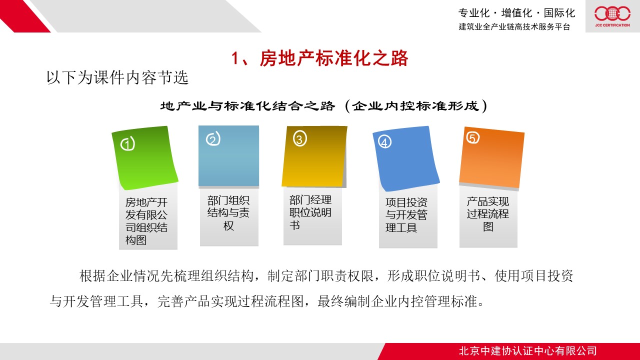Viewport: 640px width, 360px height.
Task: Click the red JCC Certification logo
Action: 612,16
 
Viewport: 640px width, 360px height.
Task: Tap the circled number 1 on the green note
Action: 127,143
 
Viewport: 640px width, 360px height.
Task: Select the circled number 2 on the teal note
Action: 213,138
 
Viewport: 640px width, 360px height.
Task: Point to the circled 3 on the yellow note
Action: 299,138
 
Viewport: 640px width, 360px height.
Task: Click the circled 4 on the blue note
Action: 384,141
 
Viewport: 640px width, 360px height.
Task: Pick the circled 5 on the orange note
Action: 473,137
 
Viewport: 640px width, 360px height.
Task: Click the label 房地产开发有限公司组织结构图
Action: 146,221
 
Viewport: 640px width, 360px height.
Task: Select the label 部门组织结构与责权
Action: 228,213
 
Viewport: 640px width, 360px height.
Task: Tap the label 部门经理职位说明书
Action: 310,212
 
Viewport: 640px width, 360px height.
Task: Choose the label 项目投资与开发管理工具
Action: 406,215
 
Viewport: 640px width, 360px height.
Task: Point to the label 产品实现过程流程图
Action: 488,213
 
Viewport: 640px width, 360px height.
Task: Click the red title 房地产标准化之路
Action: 334,58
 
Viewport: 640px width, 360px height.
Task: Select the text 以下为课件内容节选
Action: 117,77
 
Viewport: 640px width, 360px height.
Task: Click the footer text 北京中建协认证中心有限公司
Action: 527,351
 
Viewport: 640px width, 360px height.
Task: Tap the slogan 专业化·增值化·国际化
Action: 516,13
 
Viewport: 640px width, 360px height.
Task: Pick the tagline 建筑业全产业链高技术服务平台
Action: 514,26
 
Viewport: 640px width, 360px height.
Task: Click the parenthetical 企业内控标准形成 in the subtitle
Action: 415,106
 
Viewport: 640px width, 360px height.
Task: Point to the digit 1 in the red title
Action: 235,58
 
